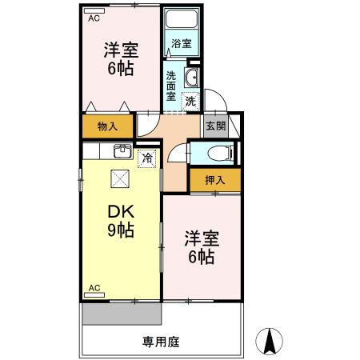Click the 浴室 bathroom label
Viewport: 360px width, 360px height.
pos(182,44)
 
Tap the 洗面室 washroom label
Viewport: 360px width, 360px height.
pos(172,85)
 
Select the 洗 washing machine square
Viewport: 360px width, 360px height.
pos(190,101)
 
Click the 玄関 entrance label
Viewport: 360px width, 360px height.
pos(214,126)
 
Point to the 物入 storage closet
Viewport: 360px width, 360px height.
pos(107,126)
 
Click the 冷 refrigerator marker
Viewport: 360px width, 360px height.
pos(146,158)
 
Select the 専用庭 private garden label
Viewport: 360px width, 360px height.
pos(161,341)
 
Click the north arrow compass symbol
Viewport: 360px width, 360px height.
pos(270,341)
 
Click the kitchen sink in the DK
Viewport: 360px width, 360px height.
pos(122,151)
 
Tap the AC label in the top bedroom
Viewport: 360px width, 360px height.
pos(94,18)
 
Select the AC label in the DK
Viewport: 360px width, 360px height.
pos(94,286)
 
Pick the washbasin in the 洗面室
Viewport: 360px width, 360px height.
pos(192,78)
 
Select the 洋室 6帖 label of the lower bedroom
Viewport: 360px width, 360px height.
pos(200,247)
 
